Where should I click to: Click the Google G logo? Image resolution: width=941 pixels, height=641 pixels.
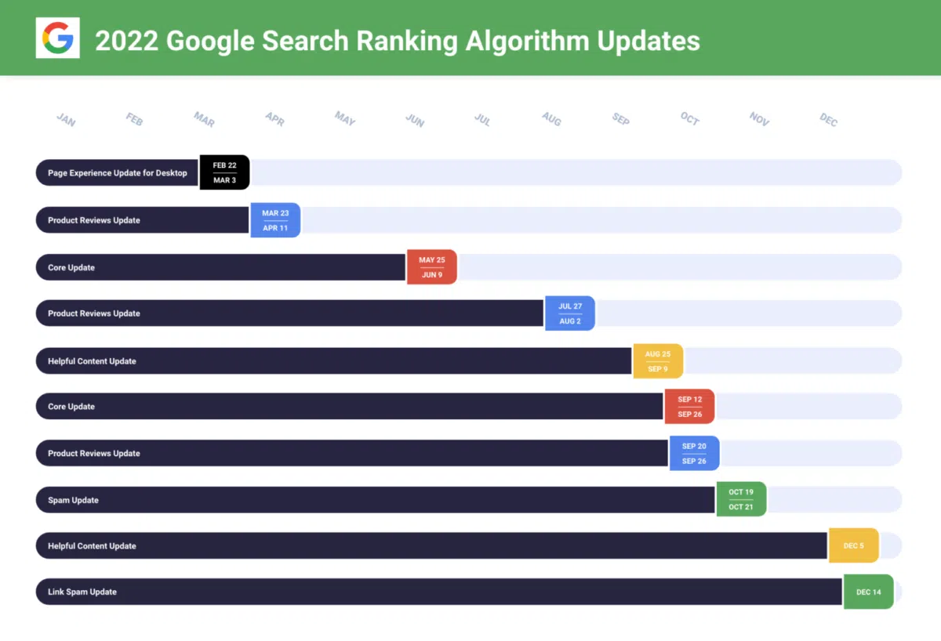(57, 38)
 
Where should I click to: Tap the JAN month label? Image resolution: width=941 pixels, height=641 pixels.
(66, 120)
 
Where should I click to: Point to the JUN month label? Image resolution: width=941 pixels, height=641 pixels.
(415, 120)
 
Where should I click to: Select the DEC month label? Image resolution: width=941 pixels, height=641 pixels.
(829, 120)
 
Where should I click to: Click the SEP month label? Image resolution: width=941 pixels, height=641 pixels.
(621, 119)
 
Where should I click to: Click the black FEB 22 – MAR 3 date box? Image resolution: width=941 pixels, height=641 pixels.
(224, 172)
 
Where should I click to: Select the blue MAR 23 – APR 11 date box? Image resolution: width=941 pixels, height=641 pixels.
(275, 220)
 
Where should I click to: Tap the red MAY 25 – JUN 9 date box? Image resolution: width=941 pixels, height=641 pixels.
(431, 267)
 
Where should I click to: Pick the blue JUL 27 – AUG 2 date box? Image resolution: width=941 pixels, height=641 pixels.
(570, 313)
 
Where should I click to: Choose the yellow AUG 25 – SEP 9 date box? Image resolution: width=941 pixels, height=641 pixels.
(658, 361)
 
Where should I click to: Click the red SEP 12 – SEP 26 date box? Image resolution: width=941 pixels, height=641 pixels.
(689, 407)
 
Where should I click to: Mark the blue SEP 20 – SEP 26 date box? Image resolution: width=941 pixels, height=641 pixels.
(694, 454)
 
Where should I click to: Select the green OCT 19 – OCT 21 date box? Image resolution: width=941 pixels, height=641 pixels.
(741, 500)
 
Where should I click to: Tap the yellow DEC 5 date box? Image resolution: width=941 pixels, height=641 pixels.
(853, 545)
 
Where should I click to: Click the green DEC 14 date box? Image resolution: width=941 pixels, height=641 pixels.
(868, 592)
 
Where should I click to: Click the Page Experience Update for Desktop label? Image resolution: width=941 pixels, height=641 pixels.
(118, 173)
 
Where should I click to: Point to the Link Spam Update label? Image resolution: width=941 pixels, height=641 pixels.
(82, 592)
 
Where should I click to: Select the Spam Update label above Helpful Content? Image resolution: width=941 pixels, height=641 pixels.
(73, 500)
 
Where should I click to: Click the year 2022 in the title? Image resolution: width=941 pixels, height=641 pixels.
(125, 40)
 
